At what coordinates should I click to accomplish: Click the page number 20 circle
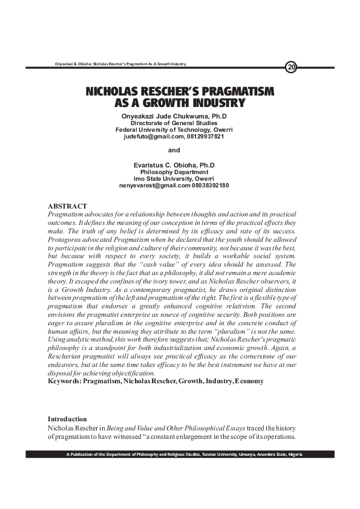coord(291,66)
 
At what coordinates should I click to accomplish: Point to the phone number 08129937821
coord(205,136)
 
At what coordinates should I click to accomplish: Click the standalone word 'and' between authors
coord(174,150)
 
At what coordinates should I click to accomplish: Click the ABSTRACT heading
coord(67,206)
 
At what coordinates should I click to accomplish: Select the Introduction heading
coord(67,419)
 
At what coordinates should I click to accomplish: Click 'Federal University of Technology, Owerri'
coord(174,129)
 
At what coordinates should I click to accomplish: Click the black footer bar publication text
coord(184,454)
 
